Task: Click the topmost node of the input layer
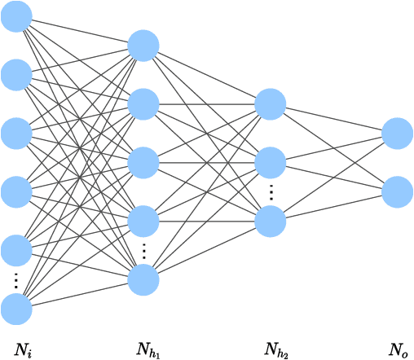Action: [x=16, y=17]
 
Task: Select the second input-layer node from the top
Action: [x=16, y=75]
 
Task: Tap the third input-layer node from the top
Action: [x=16, y=134]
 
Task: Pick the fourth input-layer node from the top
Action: [x=16, y=192]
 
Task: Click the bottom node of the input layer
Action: [x=16, y=310]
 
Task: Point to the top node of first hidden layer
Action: [x=143, y=46]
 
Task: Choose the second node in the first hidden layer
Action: [x=143, y=103]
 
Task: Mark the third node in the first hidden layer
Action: [x=143, y=162]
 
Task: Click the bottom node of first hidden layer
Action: [x=143, y=280]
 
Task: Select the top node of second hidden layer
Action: [x=271, y=103]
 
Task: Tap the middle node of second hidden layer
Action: [x=271, y=162]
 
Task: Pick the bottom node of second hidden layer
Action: [x=271, y=221]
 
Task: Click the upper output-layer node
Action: [x=398, y=134]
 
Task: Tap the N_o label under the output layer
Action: [x=399, y=351]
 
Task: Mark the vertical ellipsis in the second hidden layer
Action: [x=271, y=192]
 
